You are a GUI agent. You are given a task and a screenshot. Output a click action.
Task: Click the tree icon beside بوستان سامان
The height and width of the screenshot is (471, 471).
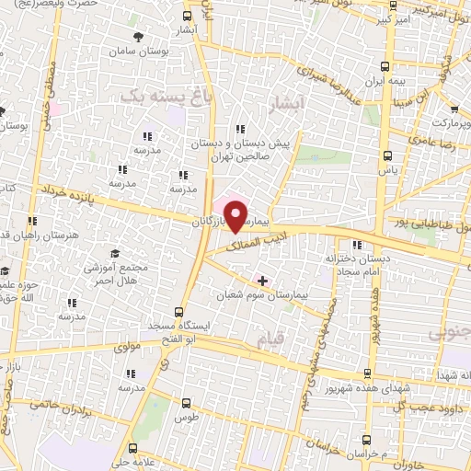click(138, 37)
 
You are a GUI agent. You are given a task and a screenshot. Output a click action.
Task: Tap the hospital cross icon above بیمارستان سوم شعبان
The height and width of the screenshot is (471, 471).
click(263, 280)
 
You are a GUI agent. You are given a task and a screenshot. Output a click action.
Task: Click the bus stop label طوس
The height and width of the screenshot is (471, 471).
click(186, 417)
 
